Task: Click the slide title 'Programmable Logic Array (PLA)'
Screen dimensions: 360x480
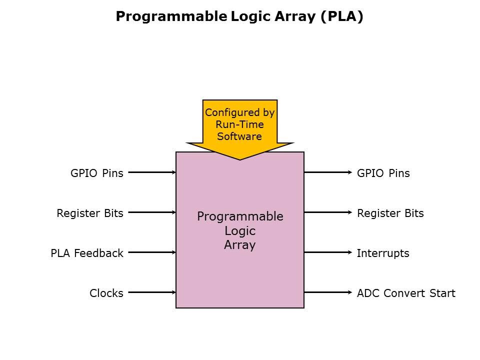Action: [239, 16]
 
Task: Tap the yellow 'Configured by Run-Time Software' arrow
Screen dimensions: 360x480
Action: [239, 125]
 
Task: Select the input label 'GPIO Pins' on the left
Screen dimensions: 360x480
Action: [96, 173]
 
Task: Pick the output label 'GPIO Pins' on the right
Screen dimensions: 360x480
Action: [383, 173]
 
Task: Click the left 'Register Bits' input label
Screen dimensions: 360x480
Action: [89, 213]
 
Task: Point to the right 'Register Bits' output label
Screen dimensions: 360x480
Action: [390, 213]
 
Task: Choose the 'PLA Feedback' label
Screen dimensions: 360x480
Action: [86, 253]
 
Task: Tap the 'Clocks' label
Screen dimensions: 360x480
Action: [106, 293]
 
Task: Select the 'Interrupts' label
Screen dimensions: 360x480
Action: [383, 253]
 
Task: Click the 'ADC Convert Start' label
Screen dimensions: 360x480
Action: [406, 293]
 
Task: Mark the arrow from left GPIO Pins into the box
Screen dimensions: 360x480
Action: [152, 172]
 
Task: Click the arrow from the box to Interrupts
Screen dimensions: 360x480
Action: [328, 252]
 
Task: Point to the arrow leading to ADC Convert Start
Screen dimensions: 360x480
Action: [328, 292]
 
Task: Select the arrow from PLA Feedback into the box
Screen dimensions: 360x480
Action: [152, 252]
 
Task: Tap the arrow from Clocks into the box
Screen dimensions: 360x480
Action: [152, 292]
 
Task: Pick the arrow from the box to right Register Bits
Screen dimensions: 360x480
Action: [328, 212]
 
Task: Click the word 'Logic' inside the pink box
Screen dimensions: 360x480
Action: [240, 231]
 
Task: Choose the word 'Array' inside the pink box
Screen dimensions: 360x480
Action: [240, 245]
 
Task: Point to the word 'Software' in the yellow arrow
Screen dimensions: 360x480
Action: [239, 136]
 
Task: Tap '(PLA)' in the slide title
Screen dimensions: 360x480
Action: [342, 16]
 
